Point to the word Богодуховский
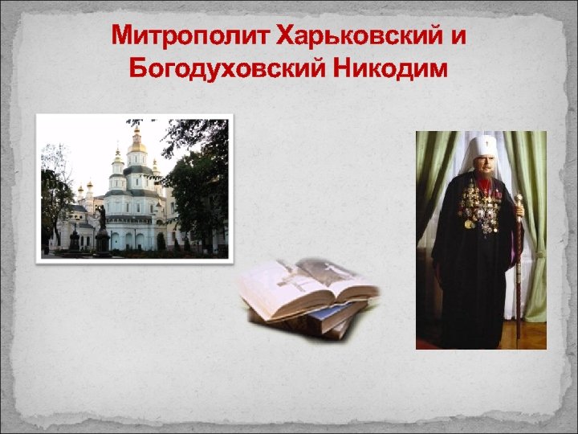coord(222,68)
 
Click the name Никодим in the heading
coord(388,68)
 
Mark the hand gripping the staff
coord(519,212)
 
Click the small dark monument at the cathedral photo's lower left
coord(74,239)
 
